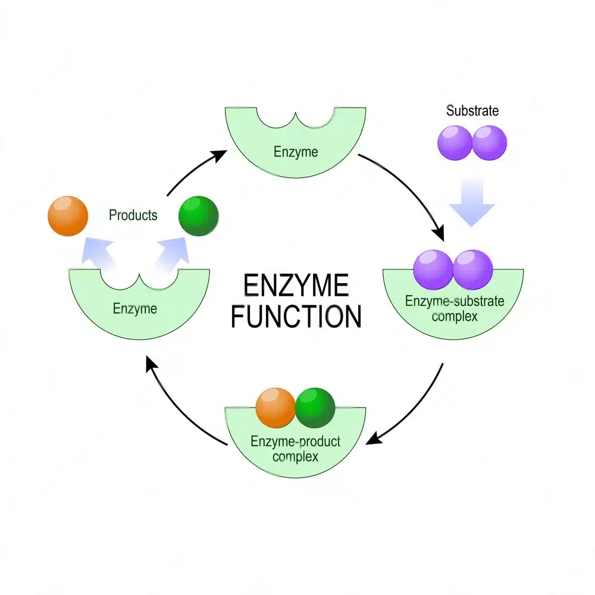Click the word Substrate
[x=472, y=111]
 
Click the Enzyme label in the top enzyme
[x=296, y=152]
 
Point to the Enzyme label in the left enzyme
[x=135, y=308]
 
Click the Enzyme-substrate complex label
[x=455, y=308]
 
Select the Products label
[x=133, y=215]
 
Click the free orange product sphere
[x=68, y=215]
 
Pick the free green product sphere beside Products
[x=199, y=215]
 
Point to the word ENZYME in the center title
[x=296, y=286]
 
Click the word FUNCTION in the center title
[x=296, y=317]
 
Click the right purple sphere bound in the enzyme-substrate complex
[x=473, y=270]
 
